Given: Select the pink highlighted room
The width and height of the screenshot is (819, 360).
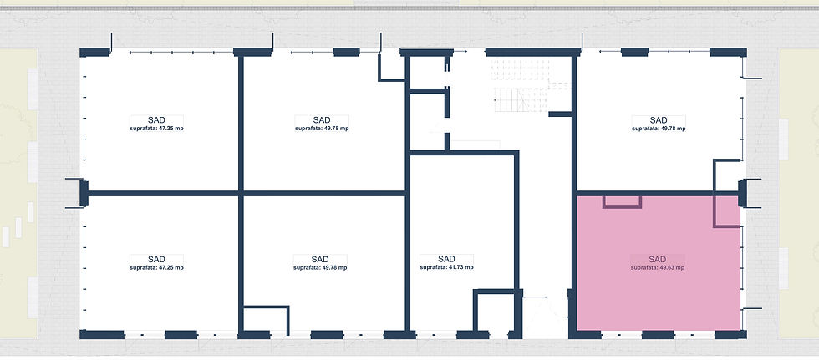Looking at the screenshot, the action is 659,263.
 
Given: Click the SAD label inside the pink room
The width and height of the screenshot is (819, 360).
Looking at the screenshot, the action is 658,259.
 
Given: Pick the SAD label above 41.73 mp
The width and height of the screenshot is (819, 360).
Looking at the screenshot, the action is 446,259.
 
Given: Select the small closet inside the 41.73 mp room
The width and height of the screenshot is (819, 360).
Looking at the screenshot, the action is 495,311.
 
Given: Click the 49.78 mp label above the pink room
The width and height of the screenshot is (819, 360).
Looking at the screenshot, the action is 659,129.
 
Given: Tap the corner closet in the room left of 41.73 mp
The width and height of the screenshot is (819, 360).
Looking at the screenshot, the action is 267,319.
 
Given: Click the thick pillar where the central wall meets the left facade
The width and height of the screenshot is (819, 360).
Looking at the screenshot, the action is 84,193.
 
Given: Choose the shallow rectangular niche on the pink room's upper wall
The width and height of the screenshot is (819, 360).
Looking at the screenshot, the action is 622,202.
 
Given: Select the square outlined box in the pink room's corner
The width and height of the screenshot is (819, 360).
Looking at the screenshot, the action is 727,211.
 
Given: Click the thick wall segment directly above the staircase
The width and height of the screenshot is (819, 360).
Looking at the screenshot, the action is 533,52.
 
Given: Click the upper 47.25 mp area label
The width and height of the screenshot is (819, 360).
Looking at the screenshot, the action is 157,129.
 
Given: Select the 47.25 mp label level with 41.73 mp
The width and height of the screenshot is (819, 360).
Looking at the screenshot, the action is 157,268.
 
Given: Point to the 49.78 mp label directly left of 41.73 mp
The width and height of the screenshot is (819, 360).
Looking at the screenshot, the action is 320,268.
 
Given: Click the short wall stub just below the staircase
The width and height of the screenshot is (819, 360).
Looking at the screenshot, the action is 561,114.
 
